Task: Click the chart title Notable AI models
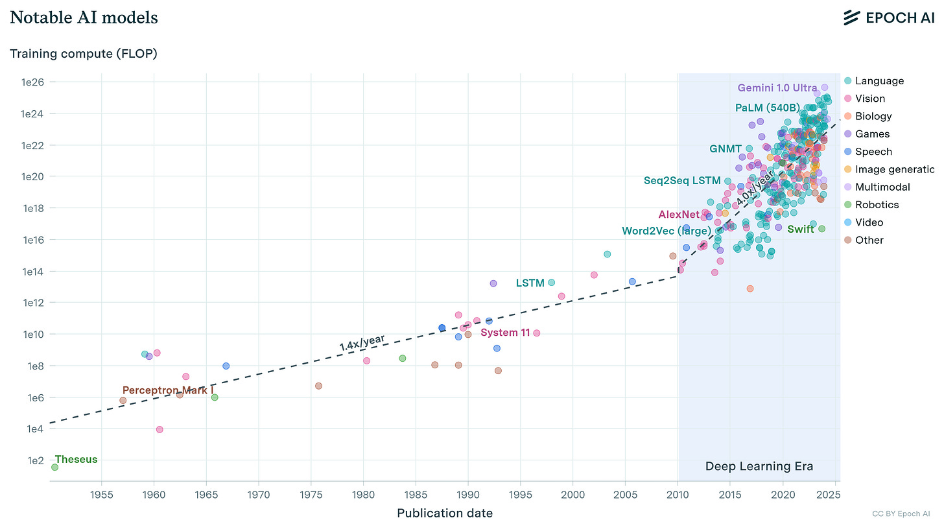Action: tap(84, 18)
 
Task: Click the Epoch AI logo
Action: tap(888, 18)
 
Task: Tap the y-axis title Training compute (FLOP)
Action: tap(83, 53)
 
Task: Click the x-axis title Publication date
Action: tap(444, 513)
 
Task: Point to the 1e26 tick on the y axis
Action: tap(32, 82)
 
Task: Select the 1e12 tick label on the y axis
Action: tap(32, 303)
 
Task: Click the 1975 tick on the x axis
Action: tap(311, 495)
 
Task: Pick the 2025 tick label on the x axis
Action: tap(834, 495)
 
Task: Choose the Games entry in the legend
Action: tap(872, 134)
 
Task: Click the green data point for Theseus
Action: tap(55, 467)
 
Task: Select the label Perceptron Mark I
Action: tap(167, 390)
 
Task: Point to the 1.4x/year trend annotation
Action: tap(362, 342)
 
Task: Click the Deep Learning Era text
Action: tap(759, 466)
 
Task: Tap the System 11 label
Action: tap(505, 333)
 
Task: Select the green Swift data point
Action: tap(821, 229)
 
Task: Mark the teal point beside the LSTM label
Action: tap(551, 283)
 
